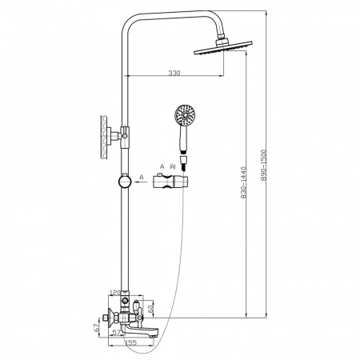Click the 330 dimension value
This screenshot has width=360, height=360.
(x=174, y=73)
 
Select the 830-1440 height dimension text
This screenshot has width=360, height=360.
(x=243, y=182)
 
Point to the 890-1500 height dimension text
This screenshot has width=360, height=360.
(x=263, y=165)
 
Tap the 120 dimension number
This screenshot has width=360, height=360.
(x=115, y=293)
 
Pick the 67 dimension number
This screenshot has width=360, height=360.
(x=98, y=328)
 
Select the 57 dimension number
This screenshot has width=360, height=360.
(x=116, y=333)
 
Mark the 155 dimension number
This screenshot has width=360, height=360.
(x=130, y=342)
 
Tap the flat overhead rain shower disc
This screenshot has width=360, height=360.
(x=223, y=49)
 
